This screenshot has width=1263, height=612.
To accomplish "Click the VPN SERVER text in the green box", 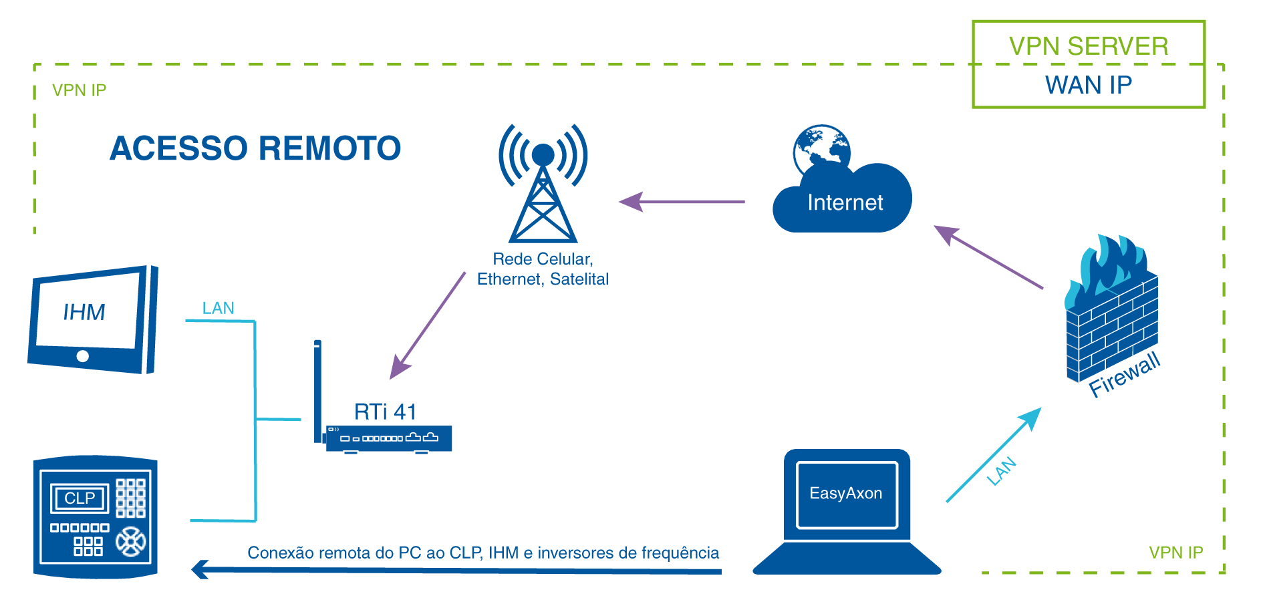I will pyautogui.click(x=1089, y=46).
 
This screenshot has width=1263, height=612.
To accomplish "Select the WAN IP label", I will pyautogui.click(x=1089, y=86).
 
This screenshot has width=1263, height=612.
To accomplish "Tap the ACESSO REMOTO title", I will pyautogui.click(x=255, y=148).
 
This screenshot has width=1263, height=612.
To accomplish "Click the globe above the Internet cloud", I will pyautogui.click(x=821, y=148).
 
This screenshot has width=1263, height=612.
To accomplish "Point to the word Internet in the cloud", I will pyautogui.click(x=845, y=202).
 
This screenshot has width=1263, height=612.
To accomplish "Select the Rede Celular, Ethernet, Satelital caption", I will pyautogui.click(x=543, y=269).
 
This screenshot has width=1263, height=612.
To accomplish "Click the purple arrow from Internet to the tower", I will pyautogui.click(x=682, y=201).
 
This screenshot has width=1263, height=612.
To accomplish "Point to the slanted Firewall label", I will pyautogui.click(x=1125, y=374).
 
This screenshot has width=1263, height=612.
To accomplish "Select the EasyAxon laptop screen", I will pyautogui.click(x=846, y=494).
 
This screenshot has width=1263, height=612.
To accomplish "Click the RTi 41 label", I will pyautogui.click(x=385, y=412).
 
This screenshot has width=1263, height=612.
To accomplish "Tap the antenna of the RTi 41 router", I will pyautogui.click(x=317, y=388).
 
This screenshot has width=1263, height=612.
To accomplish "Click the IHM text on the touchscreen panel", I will pyautogui.click(x=84, y=312).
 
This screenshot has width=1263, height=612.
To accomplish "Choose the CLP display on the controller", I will pyautogui.click(x=80, y=498).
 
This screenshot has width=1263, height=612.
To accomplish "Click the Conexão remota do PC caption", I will pyautogui.click(x=482, y=553).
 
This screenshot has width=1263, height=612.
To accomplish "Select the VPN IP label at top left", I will pyautogui.click(x=79, y=90).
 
